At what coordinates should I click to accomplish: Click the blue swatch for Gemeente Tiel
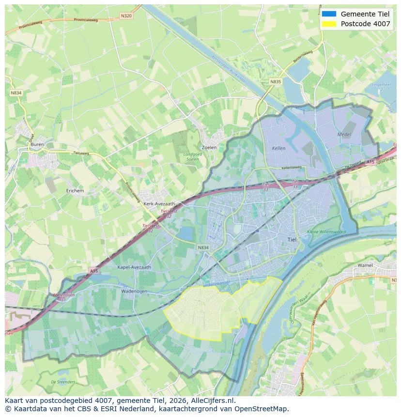point(329,14)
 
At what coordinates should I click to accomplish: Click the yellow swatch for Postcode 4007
point(329,24)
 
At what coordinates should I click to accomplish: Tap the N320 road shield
point(125,16)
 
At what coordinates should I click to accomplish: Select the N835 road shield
point(275,82)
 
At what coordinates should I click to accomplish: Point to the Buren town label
point(37,144)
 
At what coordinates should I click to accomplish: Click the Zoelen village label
point(209,148)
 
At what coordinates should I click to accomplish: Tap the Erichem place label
point(75,191)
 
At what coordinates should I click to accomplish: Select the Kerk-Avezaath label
point(159,204)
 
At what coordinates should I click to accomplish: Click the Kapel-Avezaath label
point(134,267)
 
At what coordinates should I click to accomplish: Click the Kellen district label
point(279,148)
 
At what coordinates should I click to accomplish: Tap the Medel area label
point(344,134)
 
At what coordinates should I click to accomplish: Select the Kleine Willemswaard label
point(326,232)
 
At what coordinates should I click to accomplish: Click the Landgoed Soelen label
point(192,156)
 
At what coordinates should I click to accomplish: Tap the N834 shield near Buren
point(15,93)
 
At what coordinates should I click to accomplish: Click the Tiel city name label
point(292,239)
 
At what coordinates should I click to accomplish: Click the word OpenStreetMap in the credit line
point(262,409)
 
